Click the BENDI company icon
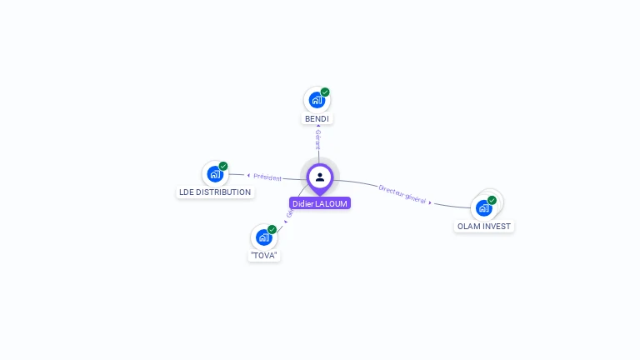(x=316, y=101)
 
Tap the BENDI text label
(x=317, y=119)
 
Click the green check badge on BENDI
(x=325, y=92)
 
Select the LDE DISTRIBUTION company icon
(x=215, y=174)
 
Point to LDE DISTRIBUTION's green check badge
(x=223, y=166)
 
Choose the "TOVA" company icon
(x=263, y=237)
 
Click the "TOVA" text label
(x=263, y=256)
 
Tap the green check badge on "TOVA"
(x=272, y=229)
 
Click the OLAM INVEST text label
(x=484, y=227)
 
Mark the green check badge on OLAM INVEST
(x=492, y=200)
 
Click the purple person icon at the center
(x=320, y=177)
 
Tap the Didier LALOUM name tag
(x=320, y=203)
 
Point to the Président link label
(x=267, y=177)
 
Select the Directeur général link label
(x=402, y=194)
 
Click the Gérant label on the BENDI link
(x=317, y=139)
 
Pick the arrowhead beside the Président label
(x=248, y=176)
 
